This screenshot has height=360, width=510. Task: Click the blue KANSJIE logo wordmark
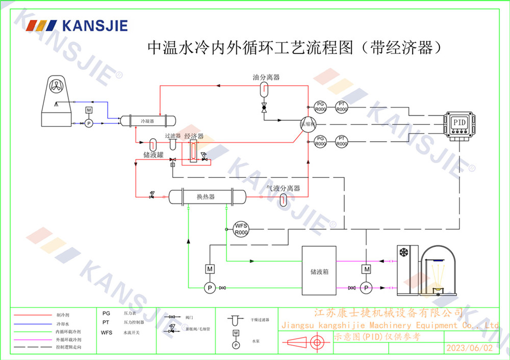pyautogui.click(x=94, y=25)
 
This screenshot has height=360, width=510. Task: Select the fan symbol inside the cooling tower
pyautogui.click(x=56, y=87)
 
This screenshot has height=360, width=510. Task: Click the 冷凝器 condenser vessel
pyautogui.click(x=147, y=121)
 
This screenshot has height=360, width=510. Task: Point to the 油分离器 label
pyautogui.click(x=266, y=78)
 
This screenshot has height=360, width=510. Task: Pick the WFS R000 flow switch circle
pyautogui.click(x=241, y=229)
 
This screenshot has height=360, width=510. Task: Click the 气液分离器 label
pyautogui.click(x=283, y=189)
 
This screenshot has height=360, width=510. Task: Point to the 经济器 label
pyautogui.click(x=194, y=136)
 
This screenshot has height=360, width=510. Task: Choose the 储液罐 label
pyautogui.click(x=153, y=155)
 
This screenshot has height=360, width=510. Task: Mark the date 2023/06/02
pyautogui.click(x=470, y=348)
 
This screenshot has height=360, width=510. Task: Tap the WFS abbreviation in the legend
pyautogui.click(x=107, y=332)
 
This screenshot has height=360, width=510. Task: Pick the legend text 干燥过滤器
pyautogui.click(x=260, y=320)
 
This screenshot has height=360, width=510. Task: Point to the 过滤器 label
pyautogui.click(x=172, y=136)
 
